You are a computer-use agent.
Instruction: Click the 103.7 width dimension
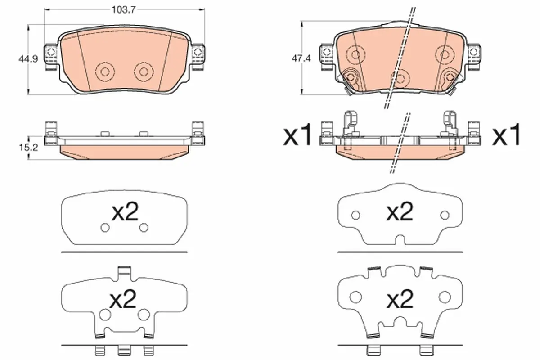[124, 10]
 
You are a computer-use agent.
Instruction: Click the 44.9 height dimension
[28, 59]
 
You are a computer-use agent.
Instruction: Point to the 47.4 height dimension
[301, 58]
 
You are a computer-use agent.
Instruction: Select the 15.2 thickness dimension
[28, 148]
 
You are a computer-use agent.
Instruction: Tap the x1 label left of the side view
[297, 135]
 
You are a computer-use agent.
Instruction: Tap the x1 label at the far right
[506, 135]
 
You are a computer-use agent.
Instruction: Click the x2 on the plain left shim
[125, 211]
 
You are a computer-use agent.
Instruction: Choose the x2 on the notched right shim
[400, 211]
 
